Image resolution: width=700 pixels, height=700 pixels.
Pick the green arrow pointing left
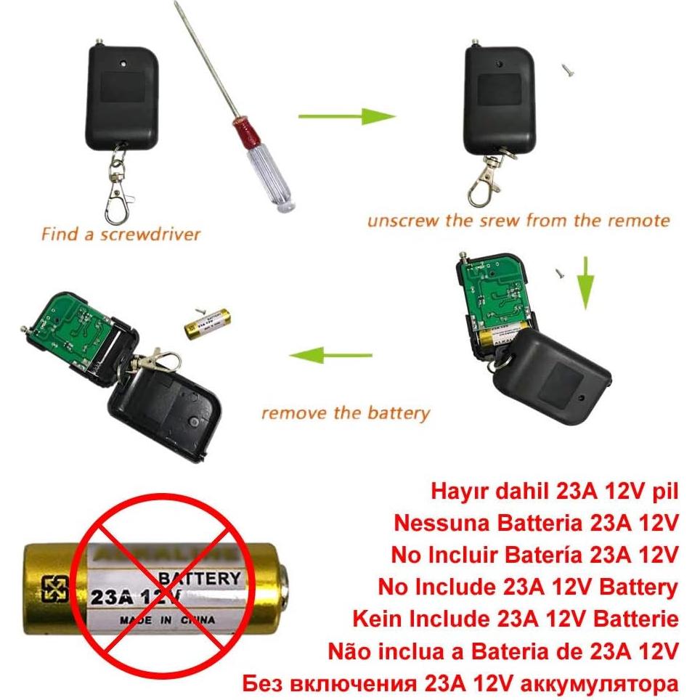(330, 356)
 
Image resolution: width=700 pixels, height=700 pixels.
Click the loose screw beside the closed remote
(567, 70)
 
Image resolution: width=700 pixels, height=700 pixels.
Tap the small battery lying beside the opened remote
(208, 322)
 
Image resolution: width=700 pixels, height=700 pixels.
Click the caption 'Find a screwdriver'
(121, 235)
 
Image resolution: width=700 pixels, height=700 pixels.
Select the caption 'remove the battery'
(346, 414)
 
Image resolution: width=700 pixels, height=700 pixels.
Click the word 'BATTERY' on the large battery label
(199, 579)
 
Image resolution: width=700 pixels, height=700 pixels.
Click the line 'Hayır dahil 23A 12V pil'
(554, 491)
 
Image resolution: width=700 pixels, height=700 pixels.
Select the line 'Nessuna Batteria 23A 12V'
(536, 523)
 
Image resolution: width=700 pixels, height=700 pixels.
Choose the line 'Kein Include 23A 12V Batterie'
(515, 619)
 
